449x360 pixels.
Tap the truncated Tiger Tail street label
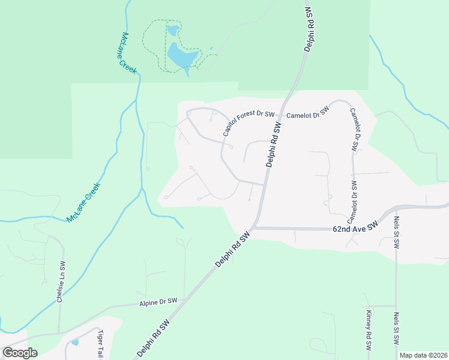pyautogui.click(x=100, y=344)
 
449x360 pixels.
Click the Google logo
pyautogui.click(x=20, y=352)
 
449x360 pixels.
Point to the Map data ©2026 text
pyautogui.click(x=423, y=355)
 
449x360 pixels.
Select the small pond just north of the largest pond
pyautogui.click(x=173, y=30)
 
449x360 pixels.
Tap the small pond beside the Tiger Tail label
pyautogui.click(x=74, y=342)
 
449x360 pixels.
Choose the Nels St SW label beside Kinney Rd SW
pyautogui.click(x=397, y=328)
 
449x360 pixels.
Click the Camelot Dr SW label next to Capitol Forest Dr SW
pyautogui.click(x=308, y=113)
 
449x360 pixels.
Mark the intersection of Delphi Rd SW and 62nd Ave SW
pyautogui.click(x=254, y=227)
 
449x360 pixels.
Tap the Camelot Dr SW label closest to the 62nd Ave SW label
pyautogui.click(x=352, y=200)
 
